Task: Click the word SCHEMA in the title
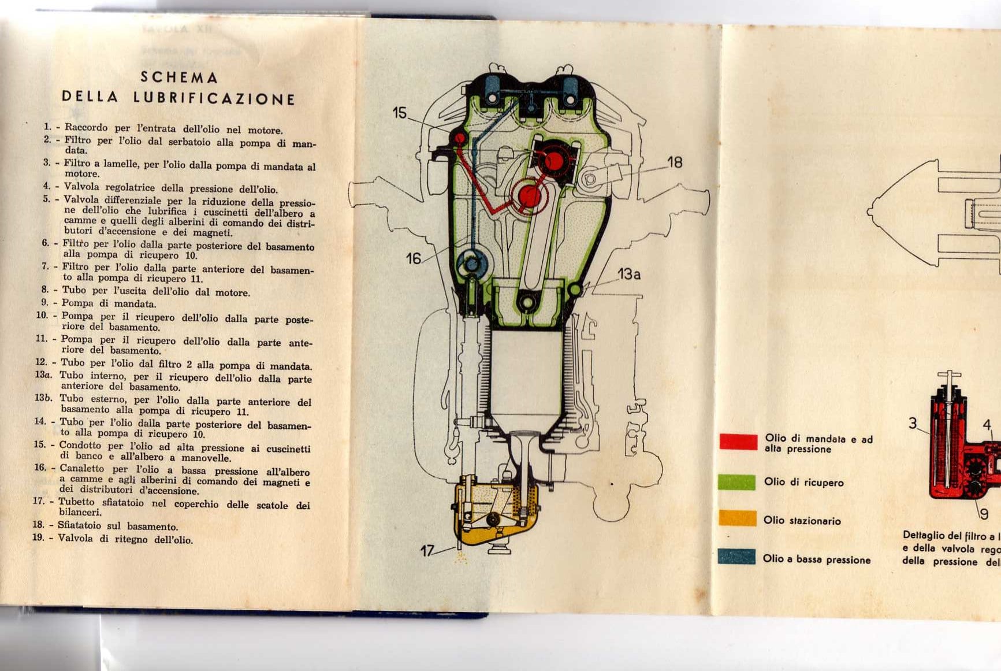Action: (x=179, y=77)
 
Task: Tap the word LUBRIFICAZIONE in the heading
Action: (x=214, y=98)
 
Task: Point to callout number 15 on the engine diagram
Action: (x=400, y=113)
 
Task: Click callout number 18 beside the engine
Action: (x=675, y=162)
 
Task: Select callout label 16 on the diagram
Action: (x=414, y=258)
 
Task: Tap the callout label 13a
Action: (x=628, y=274)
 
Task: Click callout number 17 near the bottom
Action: (x=427, y=551)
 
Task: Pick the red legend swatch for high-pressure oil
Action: (x=738, y=442)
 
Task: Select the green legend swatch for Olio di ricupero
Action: (x=736, y=482)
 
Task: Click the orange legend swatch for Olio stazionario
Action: (x=737, y=518)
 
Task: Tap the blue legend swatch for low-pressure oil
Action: (x=736, y=557)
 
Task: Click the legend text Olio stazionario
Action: (x=802, y=521)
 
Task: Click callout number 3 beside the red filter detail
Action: (x=913, y=424)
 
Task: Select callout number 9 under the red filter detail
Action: (x=984, y=514)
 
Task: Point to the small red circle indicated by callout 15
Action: (x=459, y=138)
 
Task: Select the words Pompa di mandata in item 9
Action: (x=109, y=303)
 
